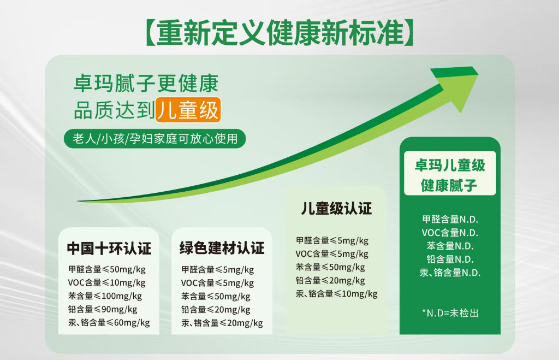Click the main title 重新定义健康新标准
pyautogui.click(x=280, y=33)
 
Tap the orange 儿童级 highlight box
pyautogui.click(x=188, y=110)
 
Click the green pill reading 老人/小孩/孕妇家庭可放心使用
pyautogui.click(x=154, y=138)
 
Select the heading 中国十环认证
pyautogui.click(x=109, y=249)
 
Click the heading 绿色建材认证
pyautogui.click(x=222, y=249)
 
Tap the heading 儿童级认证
pyautogui.click(x=336, y=208)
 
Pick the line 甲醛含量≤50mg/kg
pyautogui.click(x=107, y=269)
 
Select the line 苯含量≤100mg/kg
pyautogui.click(x=105, y=296)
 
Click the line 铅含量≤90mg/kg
pyautogui.click(x=103, y=309)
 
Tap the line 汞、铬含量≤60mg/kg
pyautogui.click(x=109, y=323)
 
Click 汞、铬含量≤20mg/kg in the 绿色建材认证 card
pyautogui.click(x=222, y=323)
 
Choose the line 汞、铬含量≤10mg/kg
pyautogui.click(x=336, y=294)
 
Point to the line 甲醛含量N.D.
pyautogui.click(x=450, y=219)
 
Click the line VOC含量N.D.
pyautogui.click(x=450, y=233)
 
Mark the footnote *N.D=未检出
pyautogui.click(x=450, y=313)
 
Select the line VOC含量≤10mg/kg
pyautogui.click(x=106, y=283)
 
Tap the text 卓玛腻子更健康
pyautogui.click(x=146, y=84)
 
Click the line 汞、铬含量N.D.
pyautogui.click(x=450, y=273)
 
